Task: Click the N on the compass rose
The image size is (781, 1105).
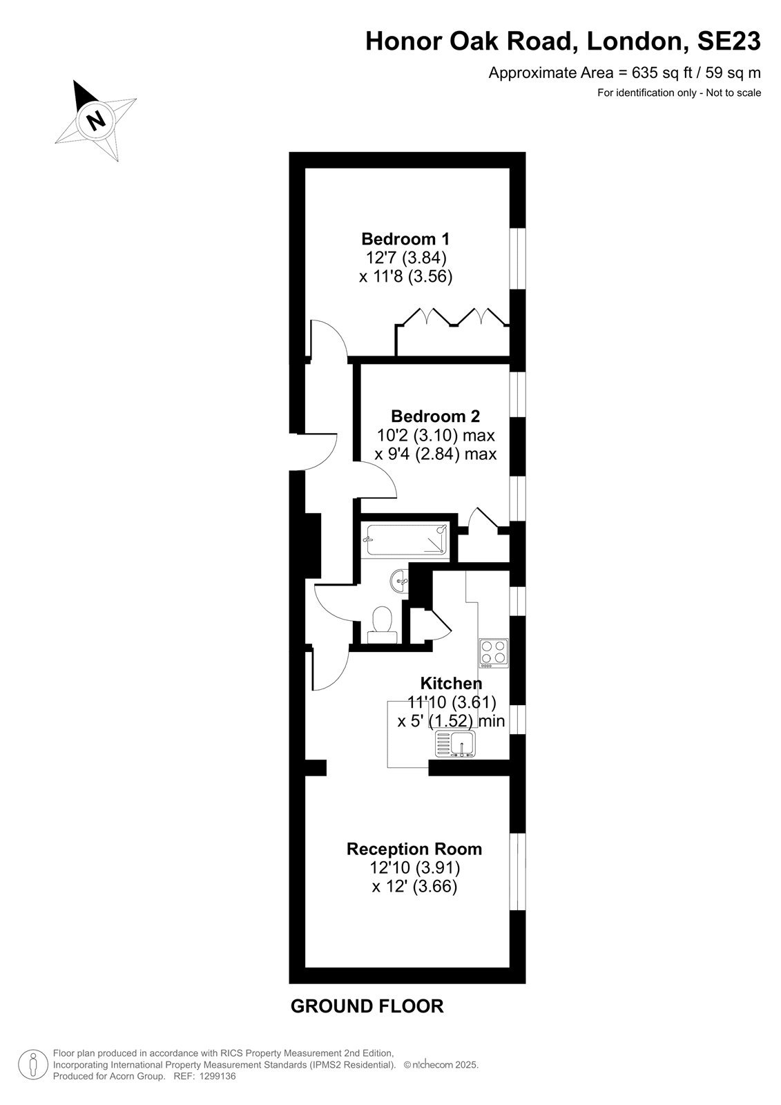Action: point(96,119)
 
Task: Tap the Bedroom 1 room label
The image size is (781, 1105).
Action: point(405,239)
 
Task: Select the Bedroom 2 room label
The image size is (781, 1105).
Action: point(435,416)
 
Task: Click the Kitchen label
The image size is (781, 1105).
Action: point(451,684)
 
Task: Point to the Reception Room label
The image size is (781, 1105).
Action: point(414,849)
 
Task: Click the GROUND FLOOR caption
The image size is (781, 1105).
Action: point(367,1006)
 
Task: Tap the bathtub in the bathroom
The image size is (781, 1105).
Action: point(407,539)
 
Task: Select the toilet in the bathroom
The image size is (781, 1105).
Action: point(382,625)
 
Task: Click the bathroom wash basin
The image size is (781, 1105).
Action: point(399,581)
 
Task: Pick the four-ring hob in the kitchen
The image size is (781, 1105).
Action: point(493,653)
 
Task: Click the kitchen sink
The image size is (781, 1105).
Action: point(455,744)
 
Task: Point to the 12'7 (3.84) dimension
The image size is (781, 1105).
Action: point(405,258)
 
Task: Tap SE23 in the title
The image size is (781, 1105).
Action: point(729,41)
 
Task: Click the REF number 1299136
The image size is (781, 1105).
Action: point(216,1077)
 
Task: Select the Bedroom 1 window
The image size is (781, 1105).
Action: point(517,258)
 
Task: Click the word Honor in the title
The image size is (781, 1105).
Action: point(403,41)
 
